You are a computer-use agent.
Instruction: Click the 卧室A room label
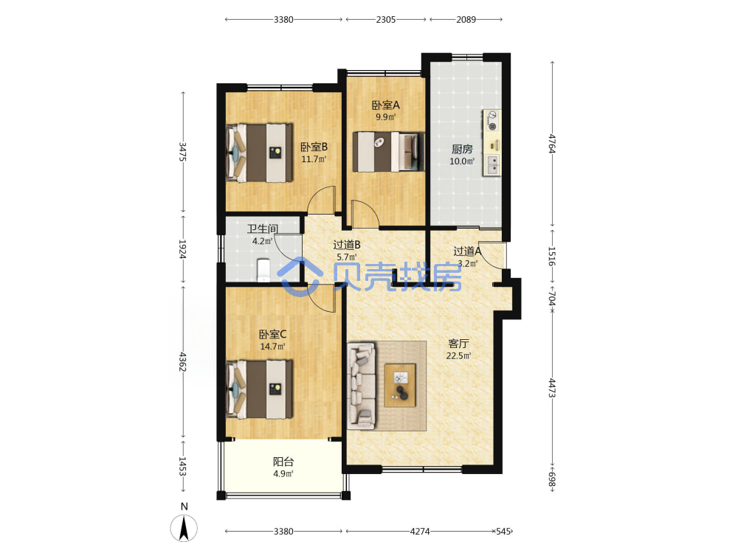(385, 105)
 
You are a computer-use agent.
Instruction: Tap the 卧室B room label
(314, 147)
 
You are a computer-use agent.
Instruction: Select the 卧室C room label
(272, 334)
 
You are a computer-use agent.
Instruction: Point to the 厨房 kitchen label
(462, 149)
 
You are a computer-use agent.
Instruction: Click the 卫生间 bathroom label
(263, 229)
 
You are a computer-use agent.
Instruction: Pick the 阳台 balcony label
(283, 462)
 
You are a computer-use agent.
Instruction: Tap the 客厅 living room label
(458, 344)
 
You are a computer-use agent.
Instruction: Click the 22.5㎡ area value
(458, 356)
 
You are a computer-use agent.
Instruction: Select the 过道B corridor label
(347, 245)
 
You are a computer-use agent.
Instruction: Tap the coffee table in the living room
(400, 386)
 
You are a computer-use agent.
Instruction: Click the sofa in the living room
(362, 386)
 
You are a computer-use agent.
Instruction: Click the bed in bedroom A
(388, 152)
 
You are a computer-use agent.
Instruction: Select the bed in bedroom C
(259, 389)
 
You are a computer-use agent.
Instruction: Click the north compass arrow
(184, 528)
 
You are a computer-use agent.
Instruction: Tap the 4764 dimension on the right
(552, 144)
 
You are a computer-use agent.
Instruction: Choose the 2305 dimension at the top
(386, 20)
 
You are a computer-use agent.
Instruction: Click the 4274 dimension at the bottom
(420, 532)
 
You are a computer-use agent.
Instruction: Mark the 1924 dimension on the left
(182, 249)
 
